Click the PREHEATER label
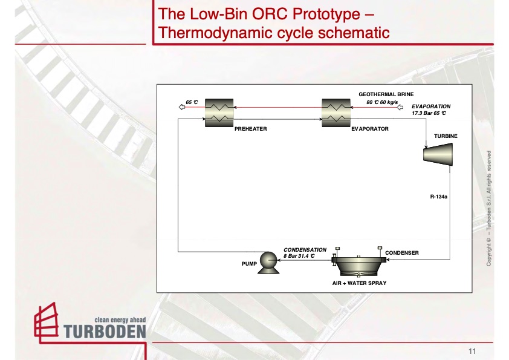[250, 129]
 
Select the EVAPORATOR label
[369, 129]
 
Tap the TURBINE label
[446, 136]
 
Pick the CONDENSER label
[402, 252]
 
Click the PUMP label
[249, 264]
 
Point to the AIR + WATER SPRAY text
[359, 283]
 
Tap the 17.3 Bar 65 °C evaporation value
[429, 113]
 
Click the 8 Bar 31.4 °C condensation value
[300, 256]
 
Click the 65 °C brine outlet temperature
[192, 102]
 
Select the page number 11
[472, 352]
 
